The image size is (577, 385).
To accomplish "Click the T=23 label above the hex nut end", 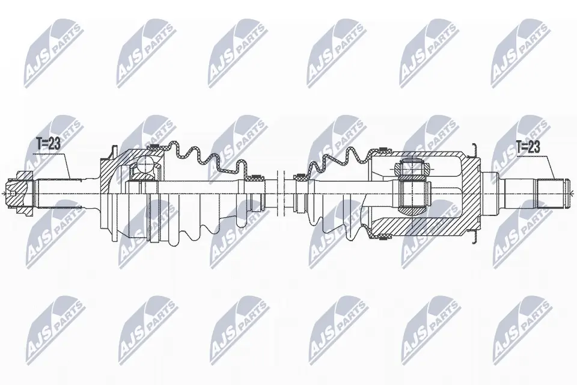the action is pos(48,144).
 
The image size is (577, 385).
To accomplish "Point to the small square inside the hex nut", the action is pos(13,194).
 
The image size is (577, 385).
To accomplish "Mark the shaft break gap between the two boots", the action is pos(281,194).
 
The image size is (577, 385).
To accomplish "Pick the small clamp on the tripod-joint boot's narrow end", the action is pos(299,177).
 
